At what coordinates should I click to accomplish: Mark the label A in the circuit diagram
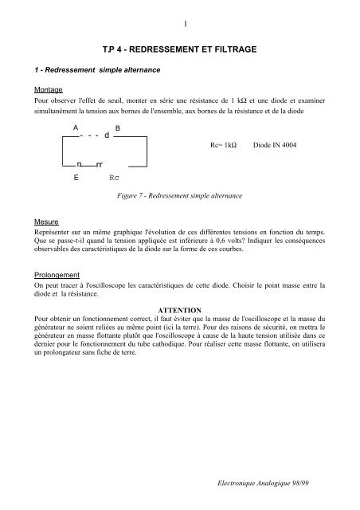76,128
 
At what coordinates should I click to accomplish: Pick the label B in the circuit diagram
118,128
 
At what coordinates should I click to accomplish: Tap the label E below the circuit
76,178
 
